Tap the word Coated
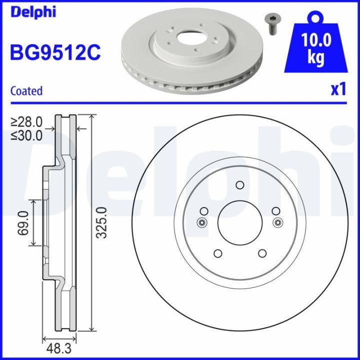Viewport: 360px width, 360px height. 26,91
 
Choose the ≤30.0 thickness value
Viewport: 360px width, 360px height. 28,135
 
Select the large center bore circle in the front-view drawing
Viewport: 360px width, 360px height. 239,222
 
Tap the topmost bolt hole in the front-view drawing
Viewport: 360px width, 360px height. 239,185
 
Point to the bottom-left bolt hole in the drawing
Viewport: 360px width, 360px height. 217,253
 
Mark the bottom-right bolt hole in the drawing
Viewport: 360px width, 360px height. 261,253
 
